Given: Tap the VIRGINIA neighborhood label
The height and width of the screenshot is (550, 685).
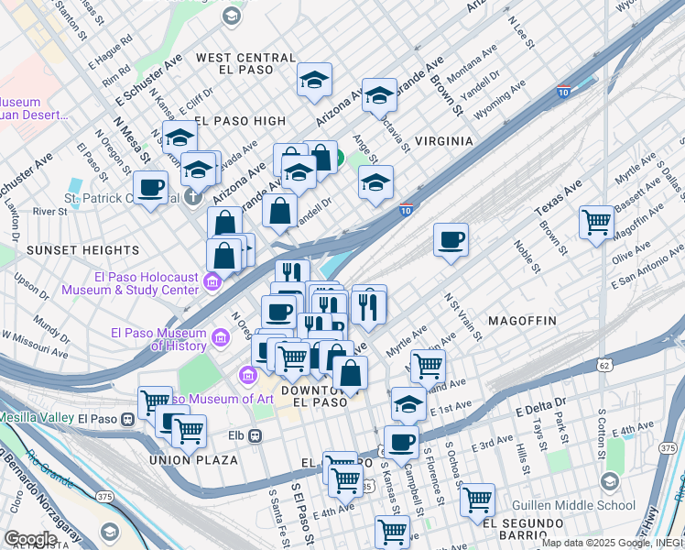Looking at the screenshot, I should point(443,141).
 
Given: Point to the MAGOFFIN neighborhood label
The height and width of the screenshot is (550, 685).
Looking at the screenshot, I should point(522,321).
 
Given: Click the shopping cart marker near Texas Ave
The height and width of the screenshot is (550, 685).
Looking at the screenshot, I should point(596,221).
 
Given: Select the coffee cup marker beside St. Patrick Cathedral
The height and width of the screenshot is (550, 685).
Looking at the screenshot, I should point(152,189).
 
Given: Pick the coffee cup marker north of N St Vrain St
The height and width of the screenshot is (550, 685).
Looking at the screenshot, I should point(451,240).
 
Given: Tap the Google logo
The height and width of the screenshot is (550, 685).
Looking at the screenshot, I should point(29,539).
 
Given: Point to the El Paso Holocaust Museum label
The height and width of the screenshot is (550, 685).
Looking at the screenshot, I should point(130,283).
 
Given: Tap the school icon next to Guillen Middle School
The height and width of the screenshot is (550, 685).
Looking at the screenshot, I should point(609,482).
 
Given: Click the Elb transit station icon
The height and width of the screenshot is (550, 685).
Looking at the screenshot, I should point(256,435).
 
